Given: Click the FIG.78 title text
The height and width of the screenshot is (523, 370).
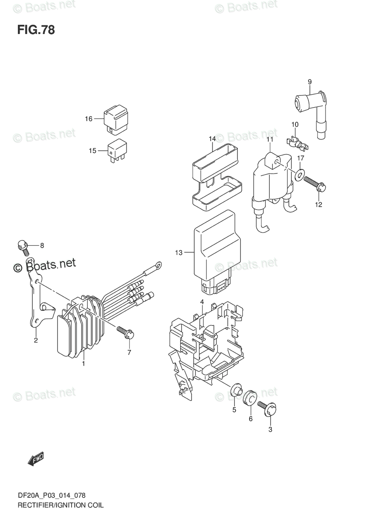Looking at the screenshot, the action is click(x=36, y=30).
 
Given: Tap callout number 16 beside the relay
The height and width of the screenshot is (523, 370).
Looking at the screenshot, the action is click(x=89, y=119).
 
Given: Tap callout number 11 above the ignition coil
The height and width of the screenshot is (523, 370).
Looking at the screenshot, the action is click(x=269, y=139).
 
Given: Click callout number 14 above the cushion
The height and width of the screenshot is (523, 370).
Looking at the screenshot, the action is click(x=212, y=139).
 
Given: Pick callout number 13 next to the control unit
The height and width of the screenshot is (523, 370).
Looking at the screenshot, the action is click(x=178, y=252).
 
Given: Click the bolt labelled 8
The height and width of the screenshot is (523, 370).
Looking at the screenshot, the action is click(x=23, y=246).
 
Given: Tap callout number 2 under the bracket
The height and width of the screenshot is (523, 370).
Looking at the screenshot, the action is click(x=36, y=340).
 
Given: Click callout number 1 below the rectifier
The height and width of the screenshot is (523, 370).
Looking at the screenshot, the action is click(x=83, y=363).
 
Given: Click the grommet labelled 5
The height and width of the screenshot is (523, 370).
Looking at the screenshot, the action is click(x=236, y=389).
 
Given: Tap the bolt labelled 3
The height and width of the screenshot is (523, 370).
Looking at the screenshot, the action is click(x=268, y=407).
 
